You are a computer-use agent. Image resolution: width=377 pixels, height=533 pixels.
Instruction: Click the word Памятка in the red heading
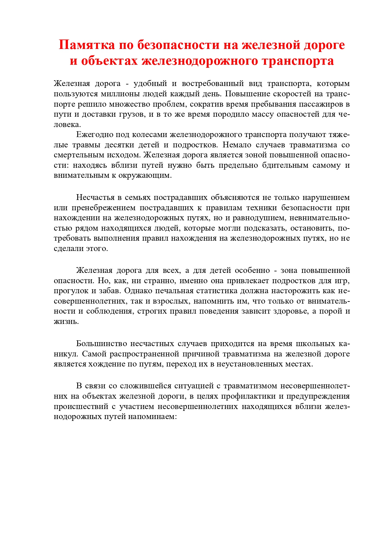click(87, 45)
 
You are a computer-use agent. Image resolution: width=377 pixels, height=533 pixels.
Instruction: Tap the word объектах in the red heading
click(109, 61)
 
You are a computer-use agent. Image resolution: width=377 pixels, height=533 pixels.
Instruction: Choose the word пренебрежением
click(104, 208)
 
